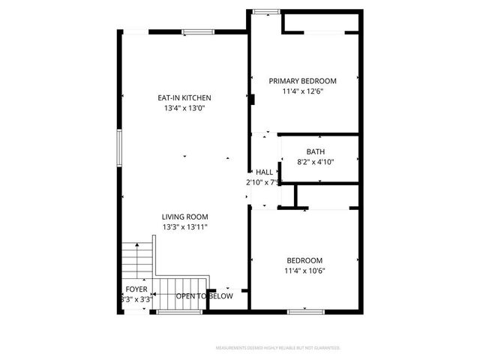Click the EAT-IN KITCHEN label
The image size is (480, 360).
coord(184,97)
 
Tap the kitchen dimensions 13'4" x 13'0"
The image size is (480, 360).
coord(184,108)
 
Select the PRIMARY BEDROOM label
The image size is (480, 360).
coord(303,81)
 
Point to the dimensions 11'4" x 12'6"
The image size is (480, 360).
coord(303,91)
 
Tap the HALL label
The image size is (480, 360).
coord(264,172)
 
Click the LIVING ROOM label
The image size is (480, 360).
coord(184,217)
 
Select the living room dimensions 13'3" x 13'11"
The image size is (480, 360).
coord(184,226)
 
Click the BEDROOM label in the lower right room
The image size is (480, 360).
coord(304,260)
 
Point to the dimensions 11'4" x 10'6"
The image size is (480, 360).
coord(304,271)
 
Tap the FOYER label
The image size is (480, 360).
coord(136,289)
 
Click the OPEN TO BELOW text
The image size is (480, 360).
coord(204,296)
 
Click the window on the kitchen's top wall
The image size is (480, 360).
coord(196,31)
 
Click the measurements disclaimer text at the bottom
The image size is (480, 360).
coord(277,348)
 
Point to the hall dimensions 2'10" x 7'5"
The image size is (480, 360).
coord(263,182)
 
